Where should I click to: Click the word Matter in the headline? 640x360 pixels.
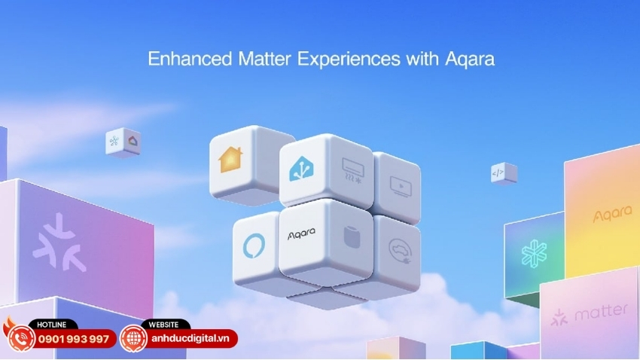coord(264,59)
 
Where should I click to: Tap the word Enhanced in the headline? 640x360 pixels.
coord(190,59)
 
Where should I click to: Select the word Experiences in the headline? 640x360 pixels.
coord(349,59)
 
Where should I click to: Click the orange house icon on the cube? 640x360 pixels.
coord(230,160)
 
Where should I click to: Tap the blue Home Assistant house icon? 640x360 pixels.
coord(301,168)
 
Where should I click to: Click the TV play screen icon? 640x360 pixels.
coord(401,186)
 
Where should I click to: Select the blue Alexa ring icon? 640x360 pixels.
coord(254,246)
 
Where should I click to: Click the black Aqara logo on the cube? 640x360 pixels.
coord(301,234)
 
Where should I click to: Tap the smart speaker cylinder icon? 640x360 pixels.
coord(352,237)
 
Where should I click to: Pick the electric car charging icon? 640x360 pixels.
coord(401,250)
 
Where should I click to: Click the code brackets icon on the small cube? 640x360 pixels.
coord(498,173)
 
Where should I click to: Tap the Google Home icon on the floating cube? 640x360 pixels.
coord(133,142)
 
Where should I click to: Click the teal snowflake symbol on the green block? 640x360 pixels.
coord(535,254)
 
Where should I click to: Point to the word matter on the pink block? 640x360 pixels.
coord(601,313)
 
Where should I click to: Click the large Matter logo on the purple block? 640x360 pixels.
coord(59,243)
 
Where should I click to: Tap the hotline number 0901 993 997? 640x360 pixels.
coord(74,339)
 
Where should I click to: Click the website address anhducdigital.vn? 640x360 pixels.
coord(190,339)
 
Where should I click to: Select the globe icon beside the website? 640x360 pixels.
coord(133,338)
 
